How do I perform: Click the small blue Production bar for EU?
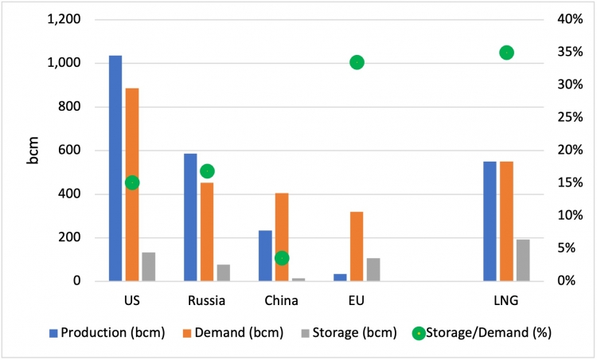(340, 277)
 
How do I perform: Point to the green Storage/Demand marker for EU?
(357, 62)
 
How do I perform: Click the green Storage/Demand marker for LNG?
(506, 53)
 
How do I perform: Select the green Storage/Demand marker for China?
(282, 258)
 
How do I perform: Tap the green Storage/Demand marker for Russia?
(207, 171)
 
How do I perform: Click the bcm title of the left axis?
(33, 151)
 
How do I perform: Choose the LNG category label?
(506, 301)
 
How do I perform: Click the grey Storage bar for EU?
(373, 269)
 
